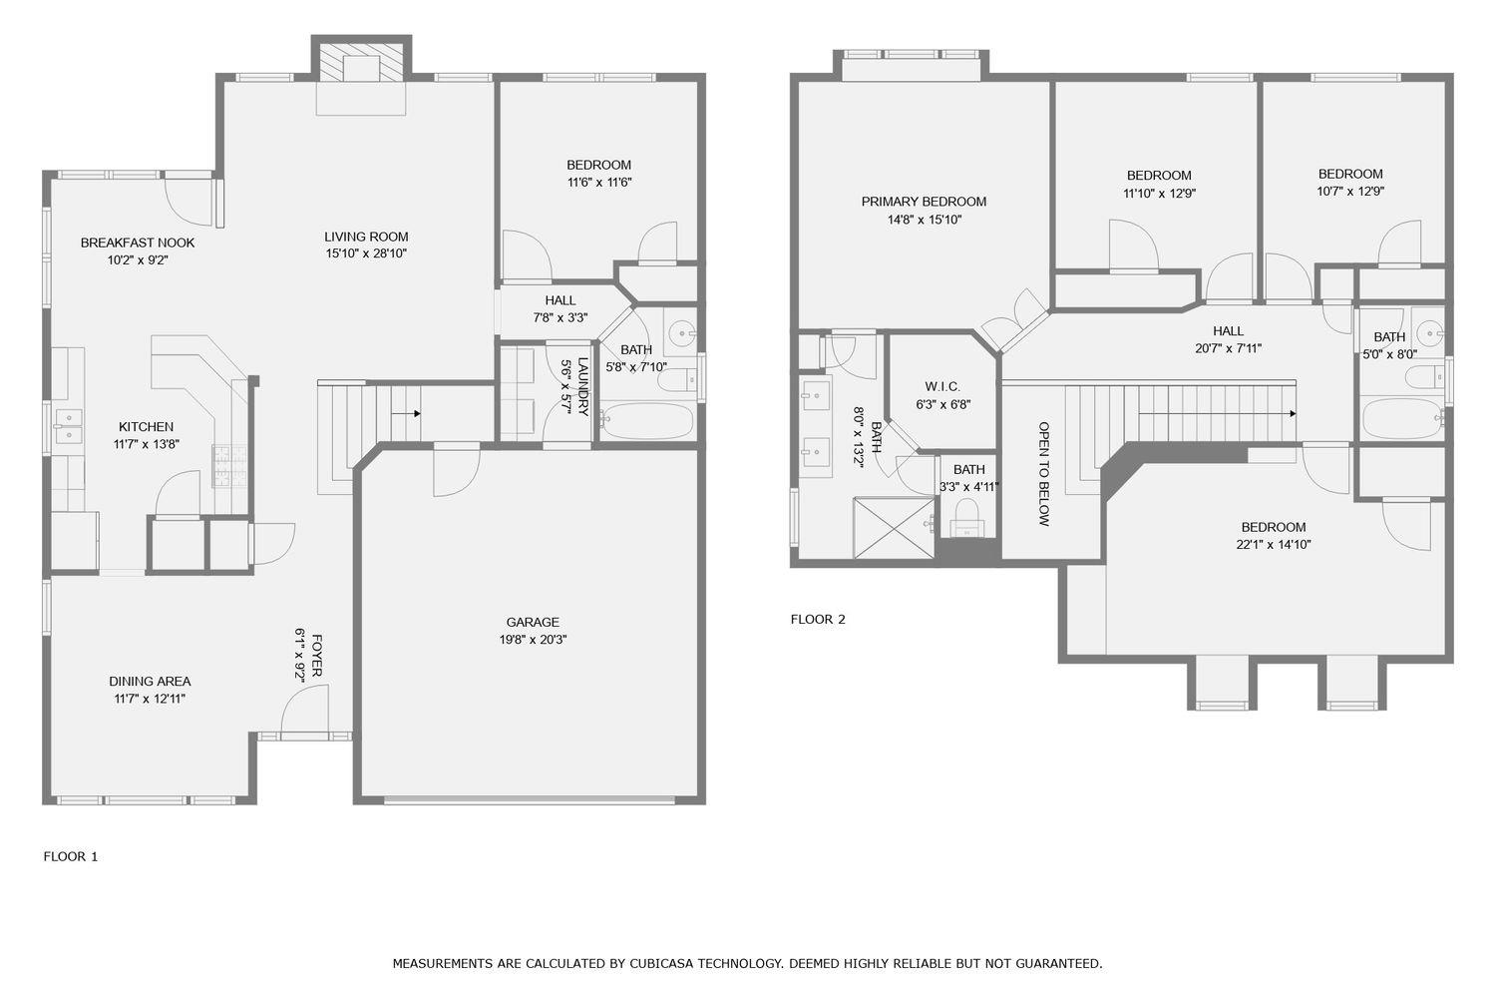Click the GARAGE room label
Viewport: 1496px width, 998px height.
coord(532,622)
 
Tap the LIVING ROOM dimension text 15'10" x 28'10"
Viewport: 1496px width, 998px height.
coord(366,253)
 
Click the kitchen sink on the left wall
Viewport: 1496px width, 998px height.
coord(68,425)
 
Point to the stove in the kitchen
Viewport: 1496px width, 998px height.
coord(229,466)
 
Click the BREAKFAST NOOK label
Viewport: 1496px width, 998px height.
coord(138,243)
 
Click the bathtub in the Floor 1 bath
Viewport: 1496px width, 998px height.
coord(647,420)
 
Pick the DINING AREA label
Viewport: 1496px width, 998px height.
coord(150,682)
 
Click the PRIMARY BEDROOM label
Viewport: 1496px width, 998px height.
coord(924,202)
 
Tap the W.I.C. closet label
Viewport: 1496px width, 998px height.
coord(941,386)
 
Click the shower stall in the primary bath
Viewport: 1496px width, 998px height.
coord(894,527)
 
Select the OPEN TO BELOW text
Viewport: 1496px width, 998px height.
coord(1044,473)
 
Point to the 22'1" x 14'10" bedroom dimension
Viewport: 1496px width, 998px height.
coord(1273,545)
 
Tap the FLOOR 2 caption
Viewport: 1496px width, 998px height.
coord(818,619)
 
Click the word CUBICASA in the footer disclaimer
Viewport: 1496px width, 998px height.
coord(658,963)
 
